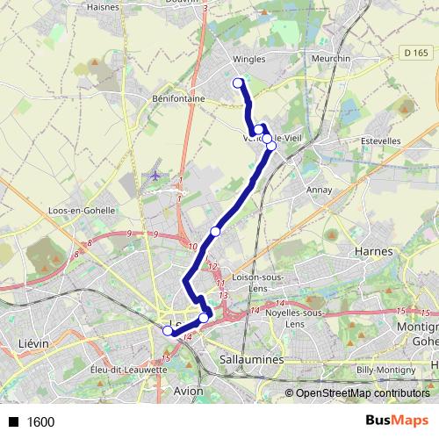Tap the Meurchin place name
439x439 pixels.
pyautogui.click(x=331, y=60)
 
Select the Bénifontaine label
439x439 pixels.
pyautogui.click(x=178, y=99)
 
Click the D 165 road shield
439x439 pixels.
pyautogui.click(x=415, y=54)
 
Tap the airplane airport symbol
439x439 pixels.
pyautogui.click(x=155, y=174)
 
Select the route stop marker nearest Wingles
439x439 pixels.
pyautogui.click(x=237, y=83)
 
